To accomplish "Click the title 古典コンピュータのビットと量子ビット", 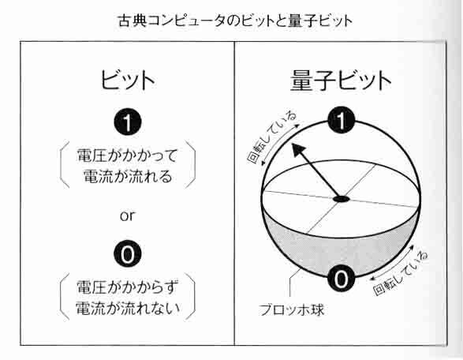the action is (235, 21).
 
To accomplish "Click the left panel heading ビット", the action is (128, 80).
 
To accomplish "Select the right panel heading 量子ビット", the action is (341, 81).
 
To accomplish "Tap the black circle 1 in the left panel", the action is (128, 122).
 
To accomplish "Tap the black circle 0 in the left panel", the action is (128, 254).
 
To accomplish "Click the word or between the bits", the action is (128, 216).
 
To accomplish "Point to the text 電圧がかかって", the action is (127, 156).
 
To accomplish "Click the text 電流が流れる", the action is (128, 177).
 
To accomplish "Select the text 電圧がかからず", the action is (128, 287).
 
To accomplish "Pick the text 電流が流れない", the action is (128, 308).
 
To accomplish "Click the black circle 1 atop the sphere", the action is (341, 120).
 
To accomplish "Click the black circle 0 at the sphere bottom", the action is (341, 279).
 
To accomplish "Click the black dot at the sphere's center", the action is (342, 199).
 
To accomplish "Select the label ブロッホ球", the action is (291, 310).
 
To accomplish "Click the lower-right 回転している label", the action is (401, 273).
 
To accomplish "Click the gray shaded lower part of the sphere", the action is (340, 251).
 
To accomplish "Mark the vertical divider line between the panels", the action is (234, 193).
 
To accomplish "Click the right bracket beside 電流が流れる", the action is (192, 166).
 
